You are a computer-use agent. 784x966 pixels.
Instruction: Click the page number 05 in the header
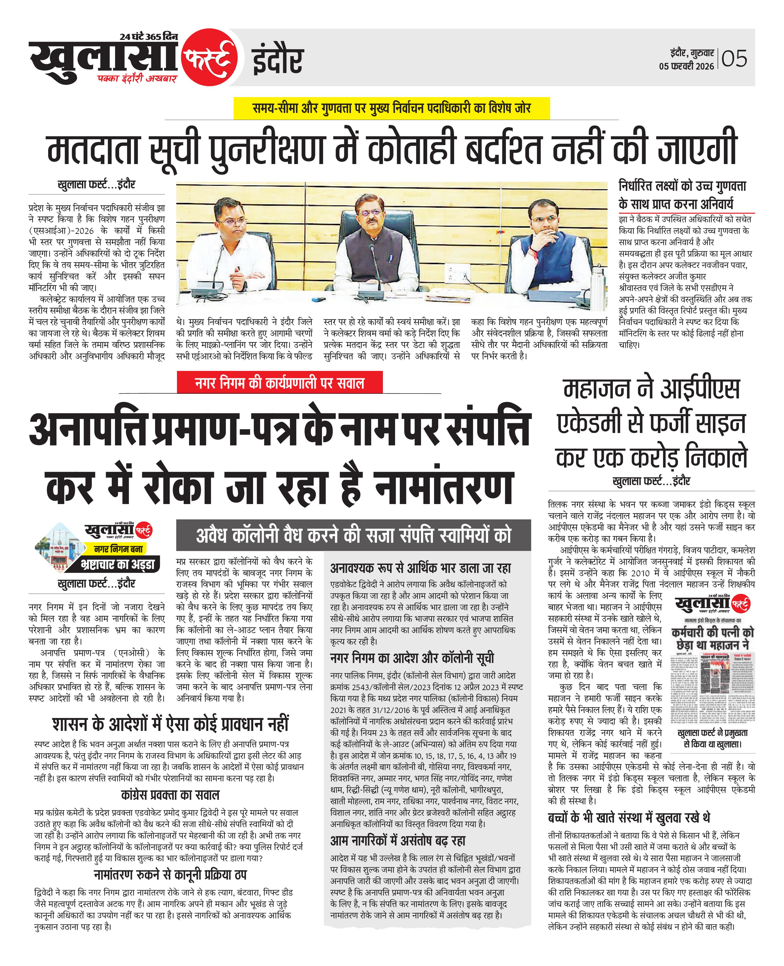(x=734, y=59)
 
